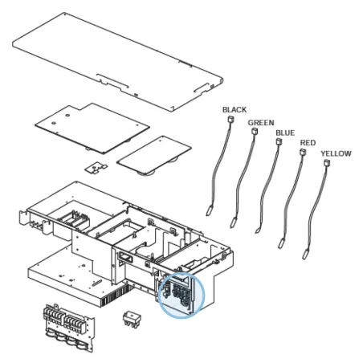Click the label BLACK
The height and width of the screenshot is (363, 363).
(235, 110)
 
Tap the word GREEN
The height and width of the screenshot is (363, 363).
(261, 123)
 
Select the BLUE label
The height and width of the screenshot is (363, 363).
(285, 133)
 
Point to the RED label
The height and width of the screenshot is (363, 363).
(308, 143)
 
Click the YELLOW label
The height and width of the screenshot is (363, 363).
(336, 153)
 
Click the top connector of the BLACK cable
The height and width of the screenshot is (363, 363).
(230, 119)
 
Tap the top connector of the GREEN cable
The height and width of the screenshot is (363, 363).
(255, 131)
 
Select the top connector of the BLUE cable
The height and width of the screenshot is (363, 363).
(279, 141)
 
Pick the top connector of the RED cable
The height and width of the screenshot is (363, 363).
(303, 152)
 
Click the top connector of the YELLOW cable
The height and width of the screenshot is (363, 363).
(327, 163)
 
